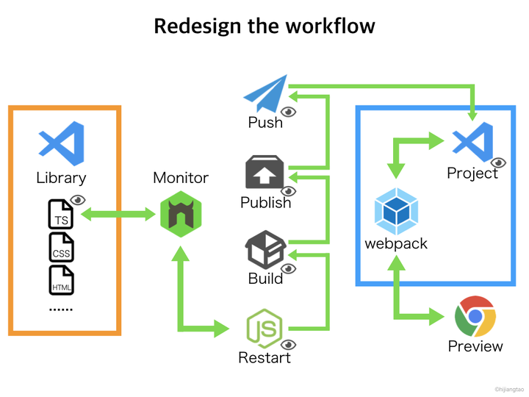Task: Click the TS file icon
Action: [x=61, y=214]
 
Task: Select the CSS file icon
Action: [x=62, y=247]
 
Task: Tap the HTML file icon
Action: [x=62, y=280]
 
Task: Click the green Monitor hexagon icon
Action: [x=181, y=214]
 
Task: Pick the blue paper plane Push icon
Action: [x=265, y=93]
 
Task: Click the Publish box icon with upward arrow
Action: [x=264, y=172]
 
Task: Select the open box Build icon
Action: [x=265, y=249]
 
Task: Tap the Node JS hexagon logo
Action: [x=264, y=329]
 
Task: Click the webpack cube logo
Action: [x=397, y=211]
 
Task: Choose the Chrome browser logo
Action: [x=475, y=316]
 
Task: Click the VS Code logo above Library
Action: [x=62, y=143]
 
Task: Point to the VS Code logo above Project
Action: [x=472, y=142]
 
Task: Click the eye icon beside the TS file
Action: [x=78, y=200]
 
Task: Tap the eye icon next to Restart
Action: [x=289, y=345]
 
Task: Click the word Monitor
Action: [x=181, y=178]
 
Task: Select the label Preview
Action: [x=475, y=346]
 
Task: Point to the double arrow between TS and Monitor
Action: [x=118, y=214]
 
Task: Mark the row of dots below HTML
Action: [x=61, y=310]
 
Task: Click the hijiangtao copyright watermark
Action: [x=509, y=389]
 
